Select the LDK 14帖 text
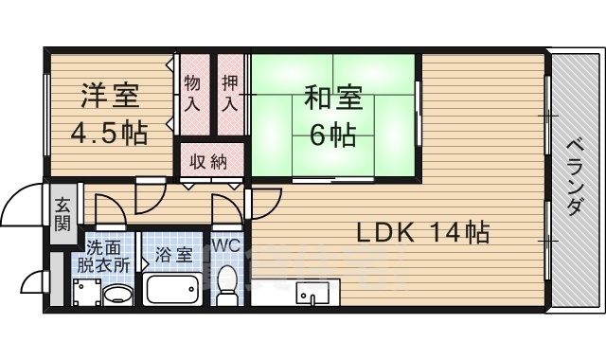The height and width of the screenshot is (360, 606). click(422, 232)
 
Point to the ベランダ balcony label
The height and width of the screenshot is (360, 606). click(575, 179)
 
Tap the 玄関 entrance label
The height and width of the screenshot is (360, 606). click(62, 213)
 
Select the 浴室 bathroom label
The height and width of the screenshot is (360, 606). click(172, 255)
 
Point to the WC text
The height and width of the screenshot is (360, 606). click(226, 245)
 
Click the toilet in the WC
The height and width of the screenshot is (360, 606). click(227, 284)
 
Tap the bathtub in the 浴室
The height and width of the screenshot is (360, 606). click(171, 288)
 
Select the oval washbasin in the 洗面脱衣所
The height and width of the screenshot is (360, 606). click(117, 294)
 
